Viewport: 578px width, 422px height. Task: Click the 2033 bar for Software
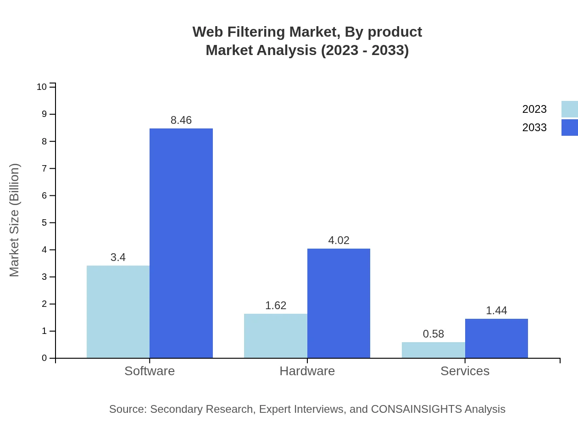click(181, 243)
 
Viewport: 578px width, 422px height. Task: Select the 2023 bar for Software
click(118, 312)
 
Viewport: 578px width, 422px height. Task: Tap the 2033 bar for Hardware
click(339, 303)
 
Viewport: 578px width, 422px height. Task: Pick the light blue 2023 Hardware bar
click(275, 336)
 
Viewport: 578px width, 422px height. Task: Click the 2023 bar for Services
click(433, 350)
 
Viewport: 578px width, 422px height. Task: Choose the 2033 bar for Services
click(496, 339)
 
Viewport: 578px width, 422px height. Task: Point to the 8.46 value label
click(181, 120)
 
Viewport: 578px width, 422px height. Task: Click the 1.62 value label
click(276, 305)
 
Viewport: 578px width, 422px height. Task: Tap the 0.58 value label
click(433, 334)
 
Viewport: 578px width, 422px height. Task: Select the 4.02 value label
click(339, 240)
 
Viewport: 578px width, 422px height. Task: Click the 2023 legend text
click(534, 109)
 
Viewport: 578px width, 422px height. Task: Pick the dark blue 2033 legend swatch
click(569, 128)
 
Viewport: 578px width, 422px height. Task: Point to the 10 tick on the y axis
click(42, 87)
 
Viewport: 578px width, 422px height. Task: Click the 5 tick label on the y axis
click(44, 222)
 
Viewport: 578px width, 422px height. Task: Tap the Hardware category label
click(307, 371)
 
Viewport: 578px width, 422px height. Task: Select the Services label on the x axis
click(465, 371)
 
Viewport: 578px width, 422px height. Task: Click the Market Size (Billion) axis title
click(15, 220)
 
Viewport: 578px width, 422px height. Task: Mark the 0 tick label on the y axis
click(44, 358)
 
